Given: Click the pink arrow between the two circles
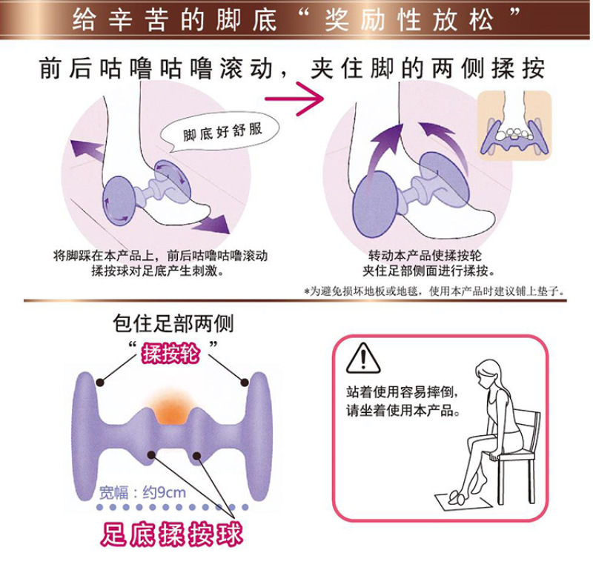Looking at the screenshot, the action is [294, 99].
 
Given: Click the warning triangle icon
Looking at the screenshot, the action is [363, 358].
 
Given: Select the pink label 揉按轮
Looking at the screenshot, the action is [170, 354].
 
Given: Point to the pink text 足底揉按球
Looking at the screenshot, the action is [171, 534].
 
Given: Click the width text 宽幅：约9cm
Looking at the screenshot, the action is [142, 492].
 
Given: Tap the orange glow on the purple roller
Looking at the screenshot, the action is [170, 406].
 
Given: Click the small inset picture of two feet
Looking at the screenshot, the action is [514, 125].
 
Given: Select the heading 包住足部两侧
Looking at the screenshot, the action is [173, 324].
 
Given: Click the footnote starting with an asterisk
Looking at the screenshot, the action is [435, 291].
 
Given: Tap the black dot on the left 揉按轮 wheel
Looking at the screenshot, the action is [100, 383].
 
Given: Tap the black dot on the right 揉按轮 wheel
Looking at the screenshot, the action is [245, 383].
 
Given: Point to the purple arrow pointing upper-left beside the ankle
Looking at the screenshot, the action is [87, 148].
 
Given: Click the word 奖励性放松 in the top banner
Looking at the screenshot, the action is [409, 20].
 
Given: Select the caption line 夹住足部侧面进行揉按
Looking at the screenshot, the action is [428, 271].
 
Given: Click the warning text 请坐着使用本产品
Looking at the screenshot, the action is [402, 411].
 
